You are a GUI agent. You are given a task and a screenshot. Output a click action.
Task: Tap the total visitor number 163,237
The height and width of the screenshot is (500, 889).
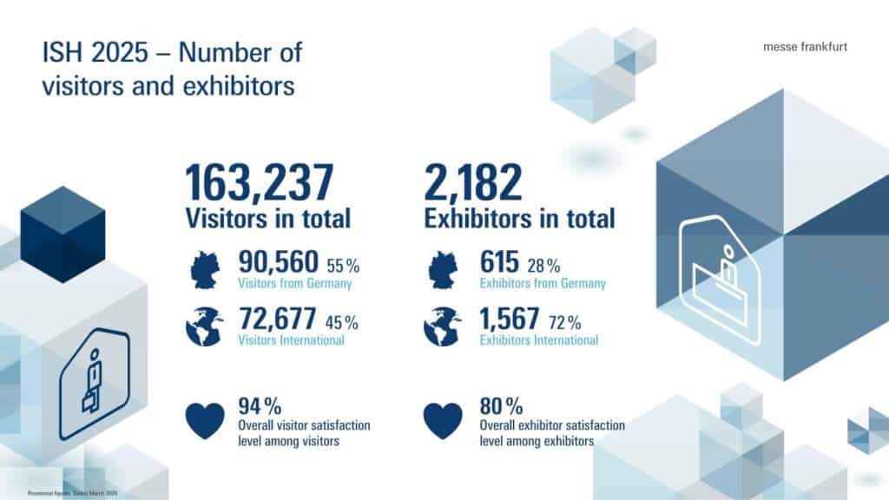click(x=260, y=183)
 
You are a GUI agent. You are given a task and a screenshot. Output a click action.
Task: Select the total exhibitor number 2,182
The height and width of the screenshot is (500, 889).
click(x=473, y=183)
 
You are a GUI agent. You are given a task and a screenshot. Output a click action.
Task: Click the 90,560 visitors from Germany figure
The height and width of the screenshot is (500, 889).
click(x=279, y=261)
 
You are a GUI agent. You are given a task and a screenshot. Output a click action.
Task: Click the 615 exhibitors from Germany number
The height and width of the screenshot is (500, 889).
click(x=499, y=261)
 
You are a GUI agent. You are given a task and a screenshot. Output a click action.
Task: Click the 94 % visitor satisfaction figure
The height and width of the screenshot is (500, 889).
click(x=259, y=406)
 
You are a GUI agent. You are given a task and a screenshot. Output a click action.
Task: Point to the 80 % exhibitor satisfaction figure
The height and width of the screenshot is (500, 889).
click(x=501, y=406)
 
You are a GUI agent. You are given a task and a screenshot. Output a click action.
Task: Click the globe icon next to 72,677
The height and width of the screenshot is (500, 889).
click(x=205, y=328)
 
